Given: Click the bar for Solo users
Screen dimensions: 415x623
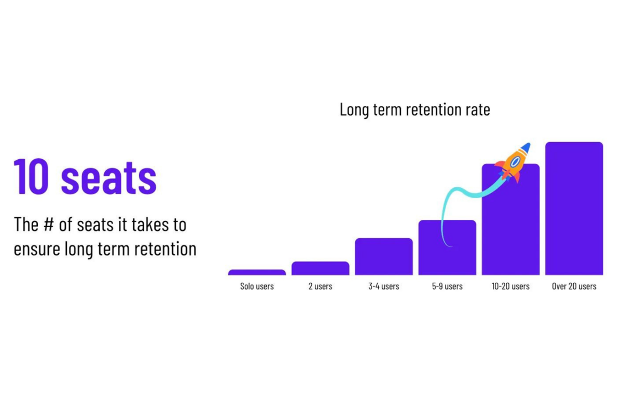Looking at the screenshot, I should pyautogui.click(x=257, y=272).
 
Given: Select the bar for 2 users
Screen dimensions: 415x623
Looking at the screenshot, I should pyautogui.click(x=320, y=268).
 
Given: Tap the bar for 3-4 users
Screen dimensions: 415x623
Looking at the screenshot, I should pyautogui.click(x=384, y=257).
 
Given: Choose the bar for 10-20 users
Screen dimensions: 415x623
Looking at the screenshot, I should pyautogui.click(x=510, y=228).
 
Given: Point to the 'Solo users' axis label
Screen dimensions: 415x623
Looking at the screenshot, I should pyautogui.click(x=257, y=286).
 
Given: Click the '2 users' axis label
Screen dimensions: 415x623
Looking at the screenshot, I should pyautogui.click(x=320, y=286).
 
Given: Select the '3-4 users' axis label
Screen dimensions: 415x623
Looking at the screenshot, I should pyautogui.click(x=384, y=286).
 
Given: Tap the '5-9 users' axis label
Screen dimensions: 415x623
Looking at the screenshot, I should pyautogui.click(x=447, y=286).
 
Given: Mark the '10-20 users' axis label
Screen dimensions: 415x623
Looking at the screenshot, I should pyautogui.click(x=510, y=286).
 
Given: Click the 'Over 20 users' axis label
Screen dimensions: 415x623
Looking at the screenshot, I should pyautogui.click(x=574, y=286).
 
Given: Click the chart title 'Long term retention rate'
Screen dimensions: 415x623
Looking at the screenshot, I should pyautogui.click(x=414, y=110).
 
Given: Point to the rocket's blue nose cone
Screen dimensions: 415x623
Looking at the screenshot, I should pyautogui.click(x=525, y=148).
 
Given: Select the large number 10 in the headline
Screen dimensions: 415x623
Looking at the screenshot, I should pyautogui.click(x=32, y=177).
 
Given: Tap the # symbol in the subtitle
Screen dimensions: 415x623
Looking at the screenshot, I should pyautogui.click(x=49, y=225).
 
